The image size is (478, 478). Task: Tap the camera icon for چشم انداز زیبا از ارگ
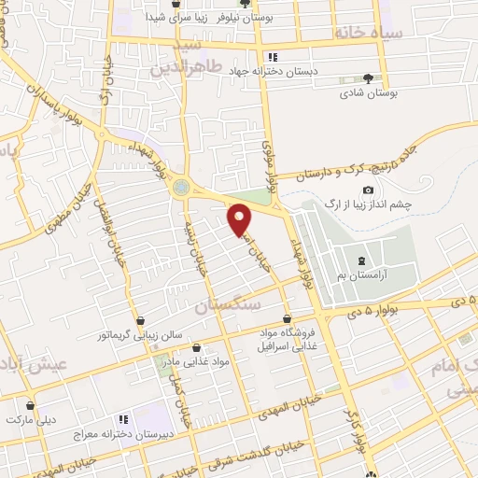pos(369,190)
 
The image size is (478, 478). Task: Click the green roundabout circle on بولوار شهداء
pos(180,188)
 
